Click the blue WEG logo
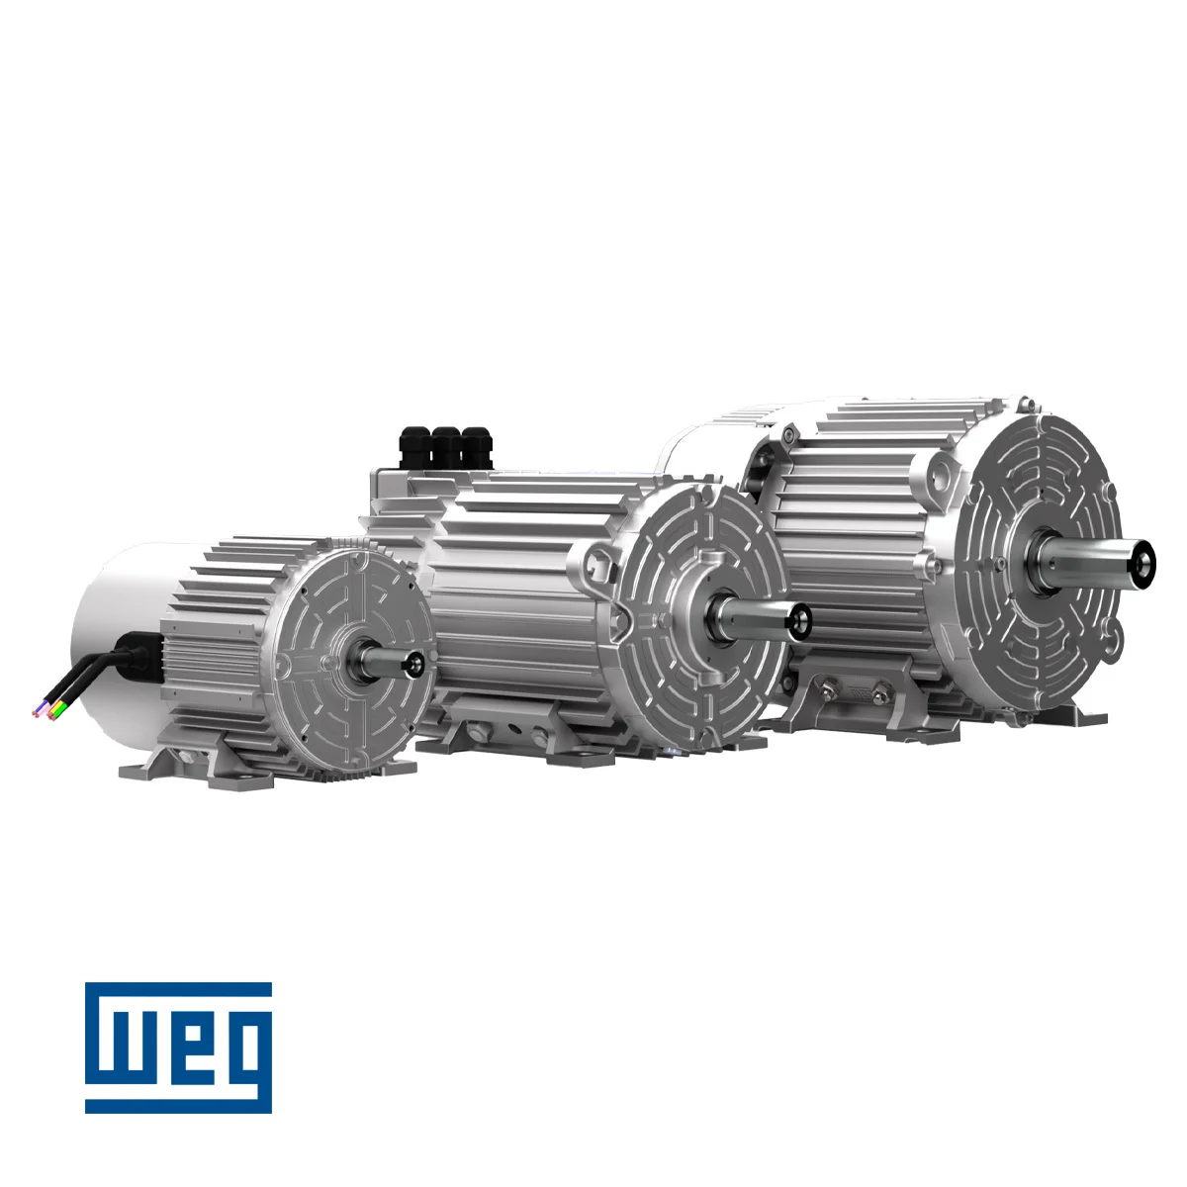tap(178, 1056)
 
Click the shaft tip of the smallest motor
tap(414, 664)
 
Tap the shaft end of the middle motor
tap(801, 621)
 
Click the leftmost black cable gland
tap(413, 448)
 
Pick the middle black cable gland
tap(446, 448)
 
